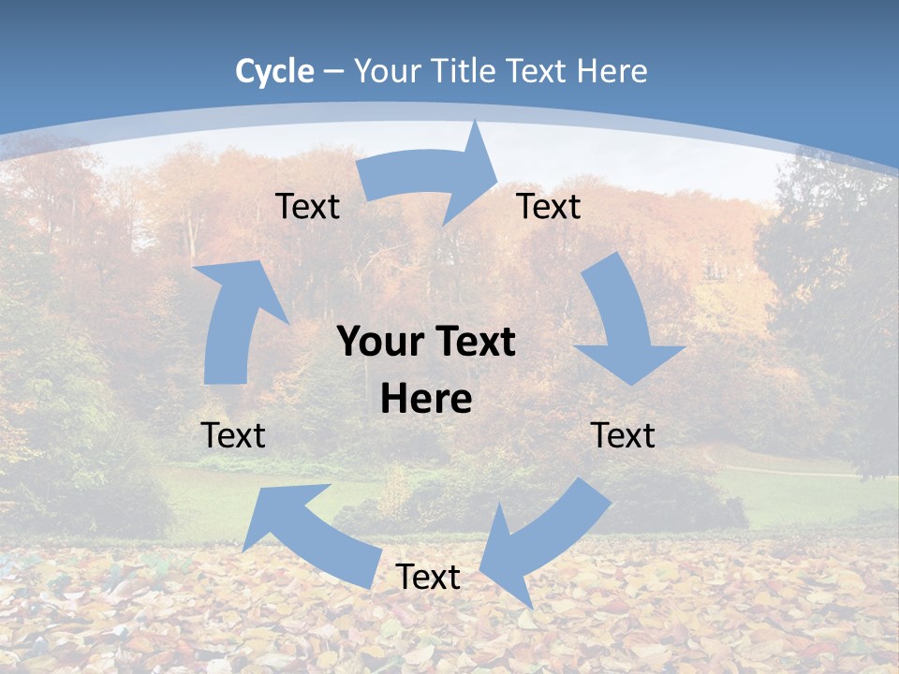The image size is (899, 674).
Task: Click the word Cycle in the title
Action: pos(274,71)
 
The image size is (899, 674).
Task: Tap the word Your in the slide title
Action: pos(385,71)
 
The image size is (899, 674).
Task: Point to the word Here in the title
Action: pos(612,71)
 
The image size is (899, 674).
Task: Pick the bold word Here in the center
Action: pos(426,400)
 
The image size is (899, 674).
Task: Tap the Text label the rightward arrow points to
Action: pos(549,206)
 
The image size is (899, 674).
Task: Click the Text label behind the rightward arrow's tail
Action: pos(307,206)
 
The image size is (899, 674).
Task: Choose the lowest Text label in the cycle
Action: pos(428,577)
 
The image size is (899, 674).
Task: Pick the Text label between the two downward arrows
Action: pos(623,435)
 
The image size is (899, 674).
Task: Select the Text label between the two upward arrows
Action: pos(233,435)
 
